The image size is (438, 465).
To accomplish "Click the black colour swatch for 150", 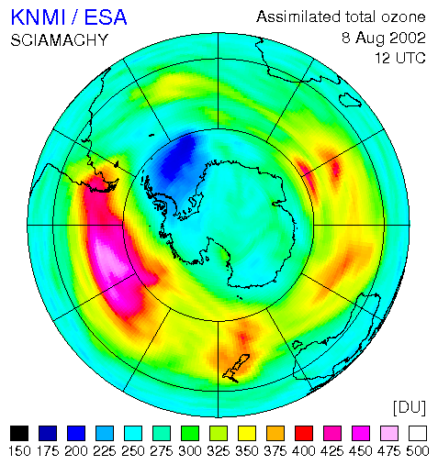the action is click(19, 433).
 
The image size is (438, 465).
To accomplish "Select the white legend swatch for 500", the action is click(418, 433).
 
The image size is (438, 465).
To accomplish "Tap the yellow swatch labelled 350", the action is click(247, 433).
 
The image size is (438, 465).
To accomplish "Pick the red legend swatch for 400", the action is click(304, 433).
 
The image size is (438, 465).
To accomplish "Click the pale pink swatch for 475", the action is click(389, 433).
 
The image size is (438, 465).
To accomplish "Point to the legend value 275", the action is click(162, 451).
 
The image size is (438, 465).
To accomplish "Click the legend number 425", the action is click(332, 451).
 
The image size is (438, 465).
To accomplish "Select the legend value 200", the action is click(76, 451).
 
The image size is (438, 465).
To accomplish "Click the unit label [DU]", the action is click(410, 407).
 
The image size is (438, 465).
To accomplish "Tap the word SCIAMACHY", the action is click(60, 40).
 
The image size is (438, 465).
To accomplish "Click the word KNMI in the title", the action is click(39, 17).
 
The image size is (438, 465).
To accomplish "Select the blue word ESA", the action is click(106, 17).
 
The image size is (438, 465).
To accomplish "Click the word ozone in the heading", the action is click(403, 17).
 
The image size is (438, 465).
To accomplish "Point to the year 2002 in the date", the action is click(408, 39).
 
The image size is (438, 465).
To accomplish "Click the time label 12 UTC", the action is click(400, 58).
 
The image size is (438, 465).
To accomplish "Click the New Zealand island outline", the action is click(236, 368).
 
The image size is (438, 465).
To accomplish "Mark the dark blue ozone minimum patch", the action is click(177, 161).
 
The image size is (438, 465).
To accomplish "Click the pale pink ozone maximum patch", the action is click(112, 260).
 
